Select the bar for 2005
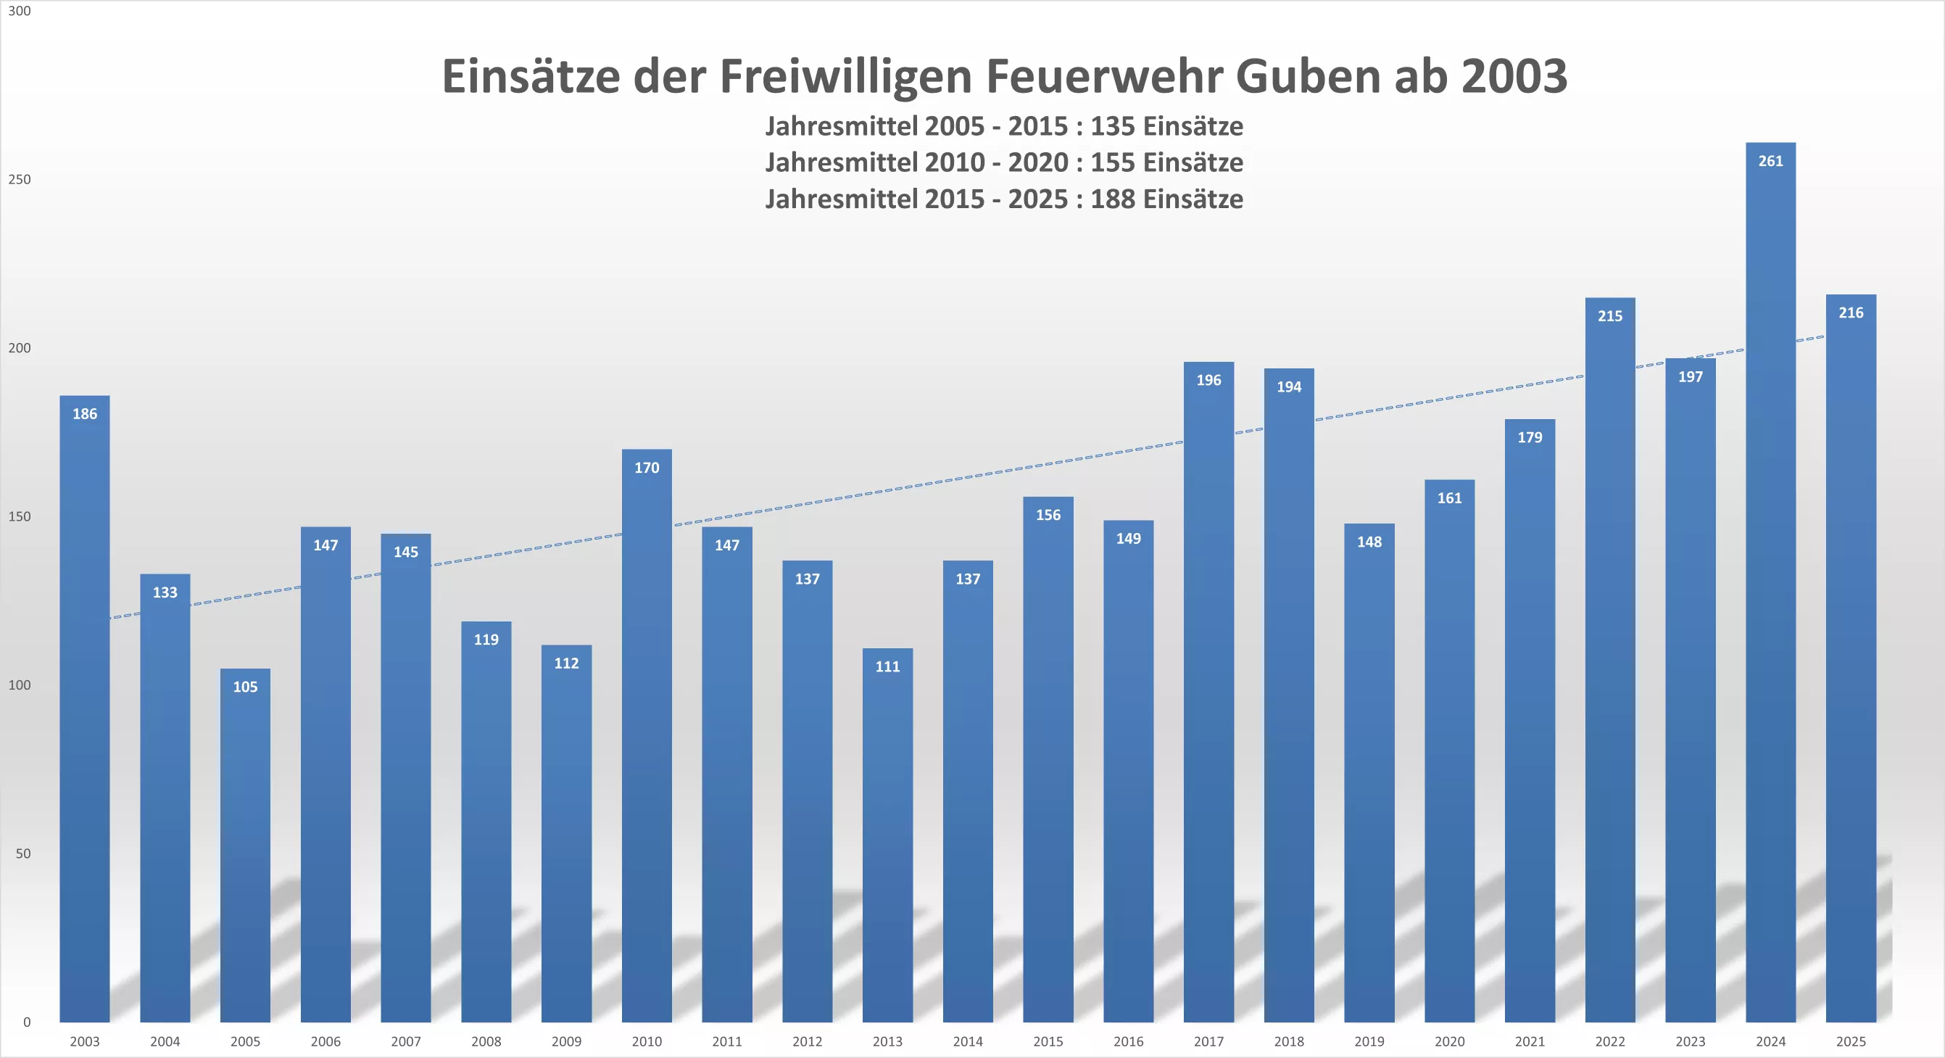pyautogui.click(x=245, y=846)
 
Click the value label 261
pyautogui.click(x=1770, y=161)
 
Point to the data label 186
pyautogui.click(x=85, y=414)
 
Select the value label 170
pyautogui.click(x=647, y=468)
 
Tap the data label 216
pyautogui.click(x=1851, y=313)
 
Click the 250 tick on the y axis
pyautogui.click(x=20, y=180)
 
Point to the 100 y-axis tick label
pyautogui.click(x=20, y=685)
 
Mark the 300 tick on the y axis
pyautogui.click(x=20, y=11)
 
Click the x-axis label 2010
pyautogui.click(x=647, y=1041)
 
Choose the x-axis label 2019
pyautogui.click(x=1369, y=1041)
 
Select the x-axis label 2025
pyautogui.click(x=1851, y=1041)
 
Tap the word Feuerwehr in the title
pyautogui.click(x=1103, y=76)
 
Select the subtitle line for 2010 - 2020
pyautogui.click(x=1004, y=162)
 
